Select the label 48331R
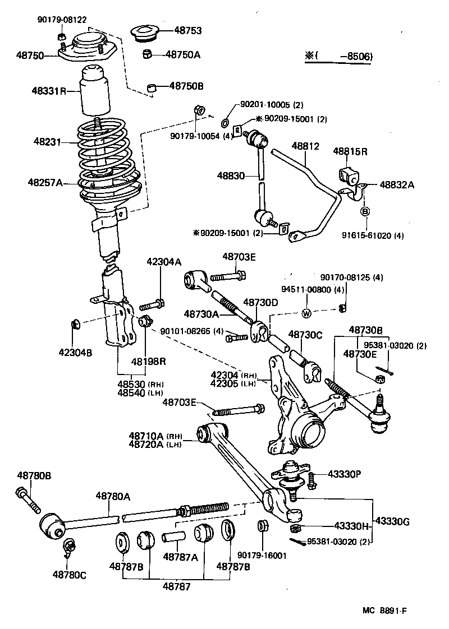point(49,90)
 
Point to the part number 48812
point(305,146)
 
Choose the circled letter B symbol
point(364,211)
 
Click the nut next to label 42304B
point(76,324)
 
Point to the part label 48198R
point(149,361)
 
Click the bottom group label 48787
point(176,586)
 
